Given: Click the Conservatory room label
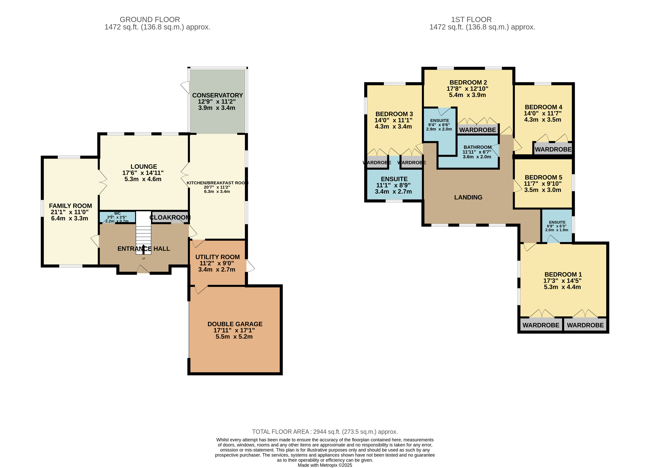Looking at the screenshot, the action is coord(218,95).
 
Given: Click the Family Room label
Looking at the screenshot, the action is coord(70,206).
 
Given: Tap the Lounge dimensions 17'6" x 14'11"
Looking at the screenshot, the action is coord(143,173).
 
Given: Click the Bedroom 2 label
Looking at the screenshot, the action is coord(468,82).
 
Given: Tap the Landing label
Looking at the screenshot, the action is coord(468,197).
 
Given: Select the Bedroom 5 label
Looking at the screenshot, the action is coord(543,177).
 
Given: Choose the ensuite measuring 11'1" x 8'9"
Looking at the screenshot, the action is coord(394,185).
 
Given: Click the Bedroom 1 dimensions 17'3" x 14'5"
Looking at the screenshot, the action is coord(562,281).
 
